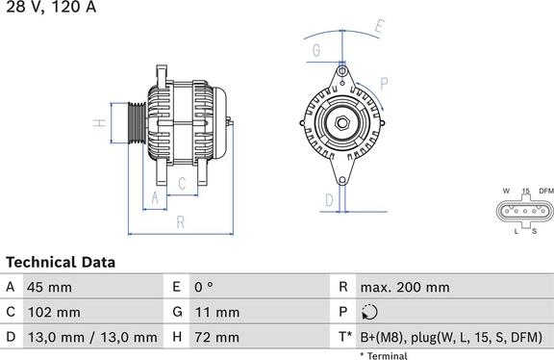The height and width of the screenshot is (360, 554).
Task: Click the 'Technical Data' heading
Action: [61, 262]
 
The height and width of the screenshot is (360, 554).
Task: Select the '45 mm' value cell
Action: [50, 287]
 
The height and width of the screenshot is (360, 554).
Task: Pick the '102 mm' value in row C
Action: [55, 312]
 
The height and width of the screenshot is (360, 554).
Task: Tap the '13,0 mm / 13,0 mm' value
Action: [92, 337]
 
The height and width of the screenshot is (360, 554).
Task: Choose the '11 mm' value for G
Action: [218, 312]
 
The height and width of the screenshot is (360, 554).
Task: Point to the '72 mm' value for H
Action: [218, 337]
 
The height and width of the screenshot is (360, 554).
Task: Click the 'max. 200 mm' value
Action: [404, 287]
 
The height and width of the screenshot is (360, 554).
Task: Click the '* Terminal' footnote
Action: [384, 355]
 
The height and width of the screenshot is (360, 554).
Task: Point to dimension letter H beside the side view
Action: [98, 123]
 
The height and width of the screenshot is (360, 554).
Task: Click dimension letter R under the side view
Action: [181, 222]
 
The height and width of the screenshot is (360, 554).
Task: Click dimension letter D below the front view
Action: [329, 199]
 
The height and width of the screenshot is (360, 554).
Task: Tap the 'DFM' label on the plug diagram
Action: [545, 191]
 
